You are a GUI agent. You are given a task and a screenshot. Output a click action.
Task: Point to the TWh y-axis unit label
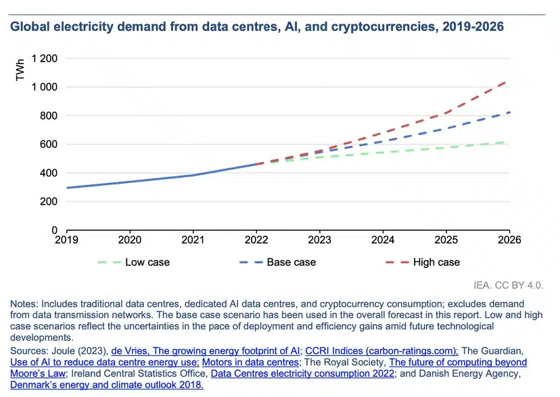pos(20,72)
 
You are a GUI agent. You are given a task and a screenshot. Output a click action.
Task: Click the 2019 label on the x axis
pos(66,239)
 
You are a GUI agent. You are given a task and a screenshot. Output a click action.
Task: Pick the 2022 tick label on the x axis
pos(256,239)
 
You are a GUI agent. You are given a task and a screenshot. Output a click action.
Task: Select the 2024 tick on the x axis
pos(383,239)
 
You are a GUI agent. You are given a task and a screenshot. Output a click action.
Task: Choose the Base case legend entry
pos(291,262)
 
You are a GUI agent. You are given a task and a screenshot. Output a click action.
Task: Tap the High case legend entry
pos(436,262)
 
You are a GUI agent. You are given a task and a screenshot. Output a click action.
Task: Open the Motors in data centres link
pos(250,363)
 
